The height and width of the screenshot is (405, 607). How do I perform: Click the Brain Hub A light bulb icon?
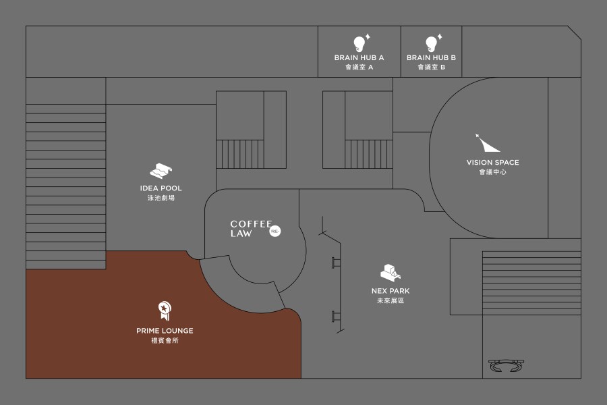[359, 43]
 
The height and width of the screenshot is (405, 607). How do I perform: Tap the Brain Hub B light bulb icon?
[431, 43]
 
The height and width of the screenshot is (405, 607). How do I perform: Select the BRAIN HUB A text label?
[359, 58]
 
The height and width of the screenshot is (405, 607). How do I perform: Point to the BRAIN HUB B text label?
[431, 58]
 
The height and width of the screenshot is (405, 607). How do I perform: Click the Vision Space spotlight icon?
[487, 143]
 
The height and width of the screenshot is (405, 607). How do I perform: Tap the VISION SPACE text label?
[492, 163]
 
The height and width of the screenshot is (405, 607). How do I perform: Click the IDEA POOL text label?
[161, 188]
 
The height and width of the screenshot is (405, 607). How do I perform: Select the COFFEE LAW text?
[250, 229]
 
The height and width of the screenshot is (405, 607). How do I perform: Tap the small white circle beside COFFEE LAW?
[275, 232]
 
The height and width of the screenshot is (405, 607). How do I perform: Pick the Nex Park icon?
[391, 272]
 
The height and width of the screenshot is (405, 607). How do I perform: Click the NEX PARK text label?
[391, 291]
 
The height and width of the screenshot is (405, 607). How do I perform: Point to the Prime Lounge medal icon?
[164, 310]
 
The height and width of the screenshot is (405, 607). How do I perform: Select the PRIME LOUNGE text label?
[165, 331]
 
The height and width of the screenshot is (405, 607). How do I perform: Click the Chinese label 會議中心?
[492, 172]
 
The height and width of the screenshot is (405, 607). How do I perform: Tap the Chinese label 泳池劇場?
[161, 198]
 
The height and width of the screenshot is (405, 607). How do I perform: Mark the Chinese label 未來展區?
[391, 300]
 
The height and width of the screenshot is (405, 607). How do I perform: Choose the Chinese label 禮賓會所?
[165, 340]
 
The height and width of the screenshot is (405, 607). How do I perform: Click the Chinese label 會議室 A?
[359, 67]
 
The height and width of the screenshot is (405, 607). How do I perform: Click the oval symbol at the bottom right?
[507, 365]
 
